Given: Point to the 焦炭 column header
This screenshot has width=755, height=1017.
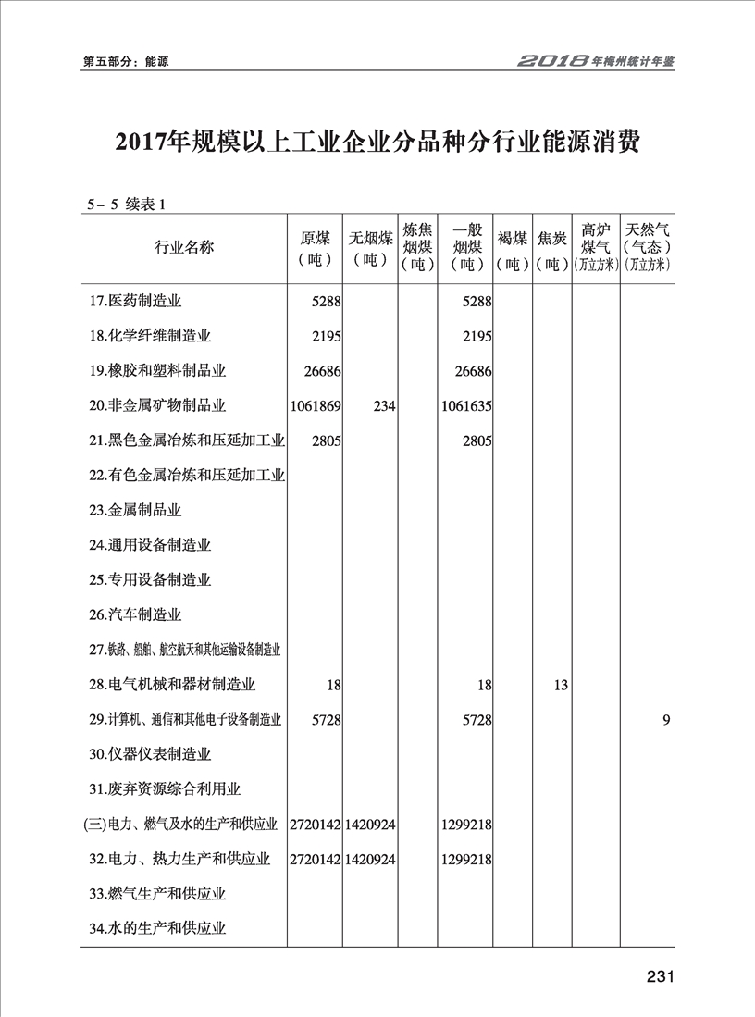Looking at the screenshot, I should tap(553, 247).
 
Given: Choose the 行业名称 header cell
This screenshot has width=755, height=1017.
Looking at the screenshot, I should tap(184, 247).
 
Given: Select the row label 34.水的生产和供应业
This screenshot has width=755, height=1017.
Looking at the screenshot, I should tap(158, 928).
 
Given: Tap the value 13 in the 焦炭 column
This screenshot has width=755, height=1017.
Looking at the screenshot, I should tap(560, 685).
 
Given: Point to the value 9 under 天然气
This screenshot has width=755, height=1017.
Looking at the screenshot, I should tap(665, 720).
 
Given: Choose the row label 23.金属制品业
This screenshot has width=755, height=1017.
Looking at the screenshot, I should tap(135, 510).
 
